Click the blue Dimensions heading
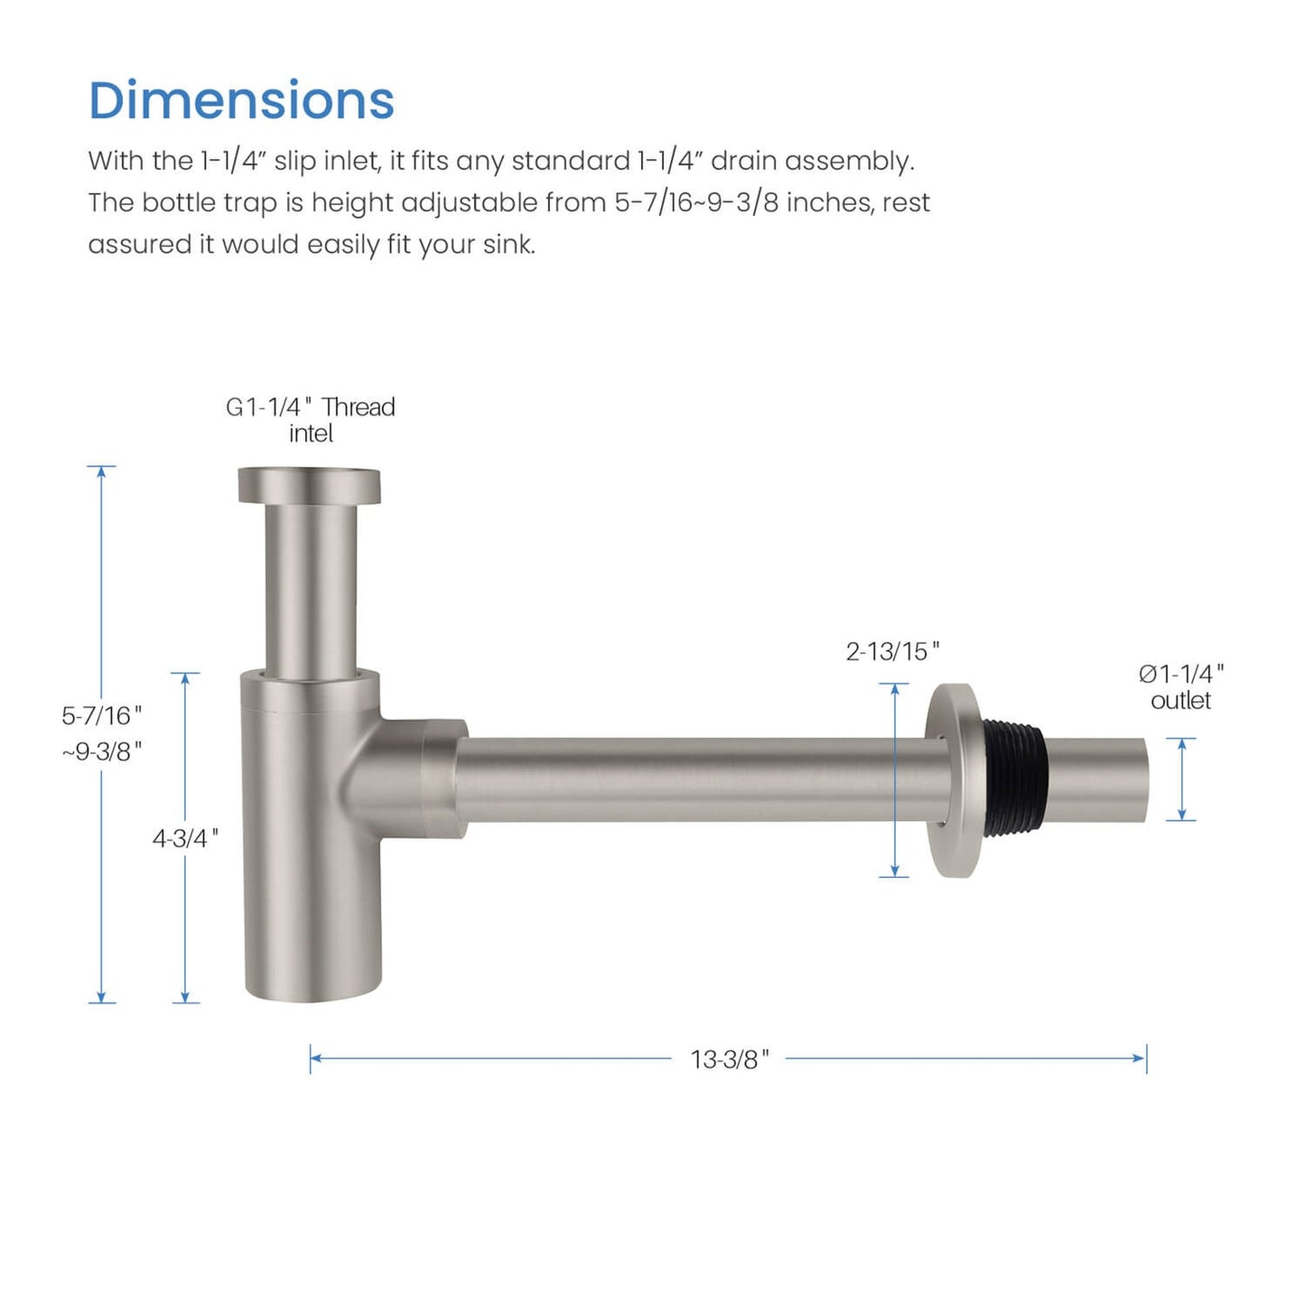coord(241,100)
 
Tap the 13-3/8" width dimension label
coord(729,1059)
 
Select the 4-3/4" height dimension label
coord(185,838)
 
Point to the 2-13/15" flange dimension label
coord(892,651)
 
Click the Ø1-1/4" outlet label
coord(1180,686)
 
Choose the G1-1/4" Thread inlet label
coord(310,420)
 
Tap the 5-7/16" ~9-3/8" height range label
coord(102,732)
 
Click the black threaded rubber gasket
coord(1012,778)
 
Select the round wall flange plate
coord(953,779)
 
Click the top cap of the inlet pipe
coord(309,485)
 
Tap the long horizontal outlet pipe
coord(695,779)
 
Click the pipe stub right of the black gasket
coord(1097,779)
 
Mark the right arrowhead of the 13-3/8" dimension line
coord(1142,1058)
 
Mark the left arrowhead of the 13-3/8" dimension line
coord(315,1058)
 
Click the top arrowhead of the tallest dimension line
coord(102,471)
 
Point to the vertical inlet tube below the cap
coord(310,587)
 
